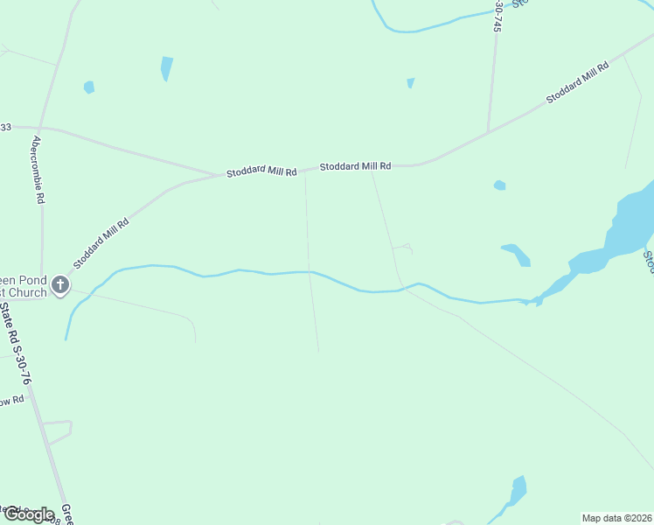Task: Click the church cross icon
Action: (60, 284)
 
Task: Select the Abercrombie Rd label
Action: (37, 170)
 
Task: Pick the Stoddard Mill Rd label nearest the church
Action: (101, 242)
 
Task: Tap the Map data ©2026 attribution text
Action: (617, 517)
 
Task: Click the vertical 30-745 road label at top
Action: (498, 16)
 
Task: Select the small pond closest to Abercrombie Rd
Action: (88, 87)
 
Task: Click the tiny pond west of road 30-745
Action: (410, 83)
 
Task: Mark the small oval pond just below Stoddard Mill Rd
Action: (499, 185)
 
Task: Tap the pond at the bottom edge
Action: (518, 489)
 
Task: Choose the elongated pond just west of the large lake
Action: (516, 254)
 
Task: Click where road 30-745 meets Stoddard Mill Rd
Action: (487, 134)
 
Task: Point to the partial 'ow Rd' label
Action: (12, 401)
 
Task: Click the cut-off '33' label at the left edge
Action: (5, 127)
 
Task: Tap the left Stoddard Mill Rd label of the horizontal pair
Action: (261, 172)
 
